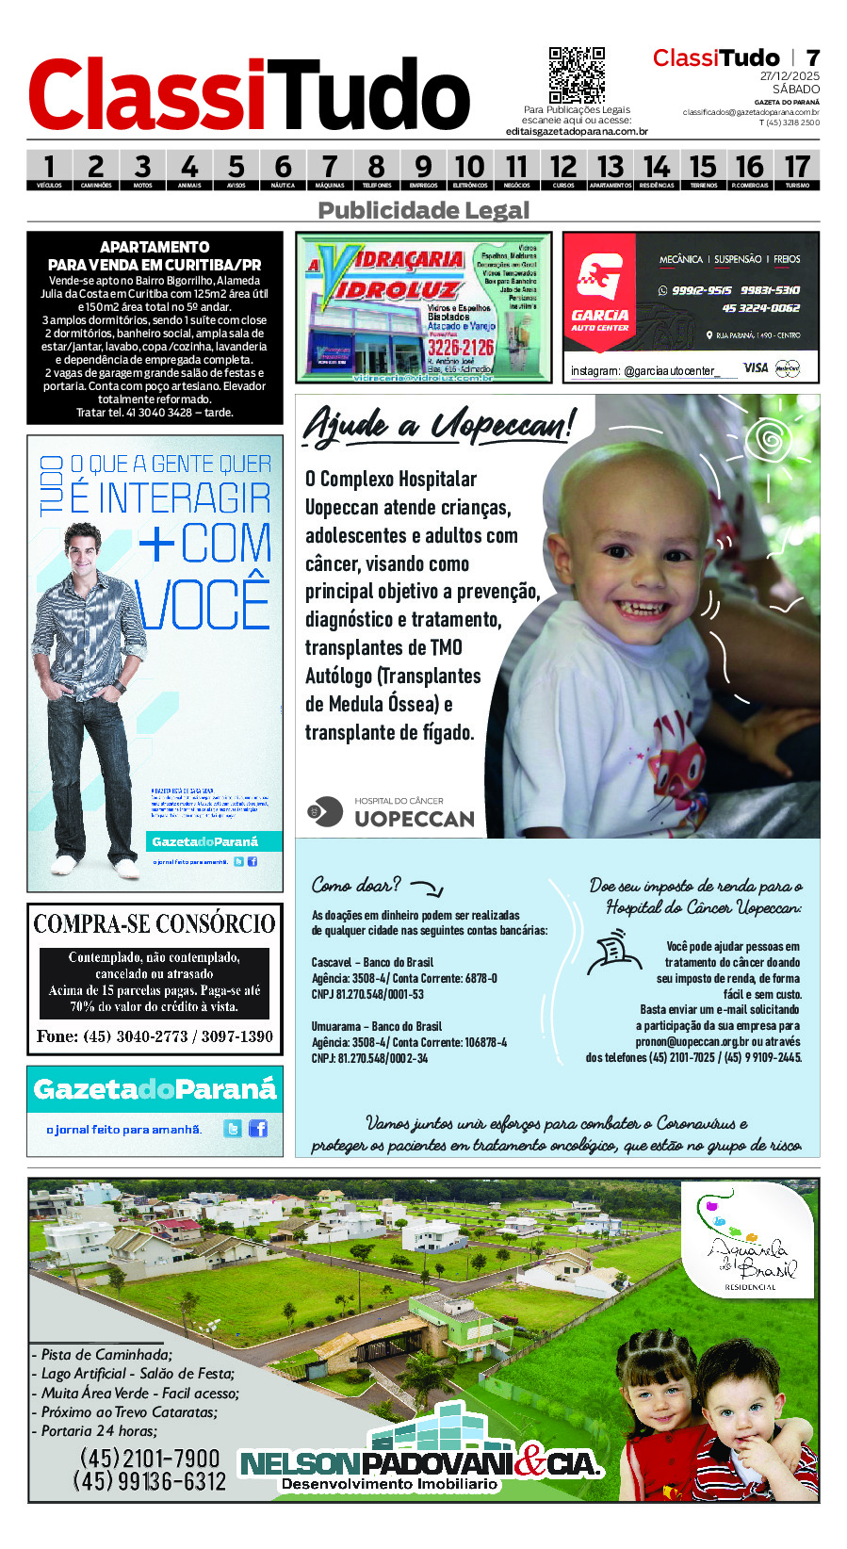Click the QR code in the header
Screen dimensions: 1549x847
click(x=576, y=74)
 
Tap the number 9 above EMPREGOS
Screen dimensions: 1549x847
click(x=423, y=167)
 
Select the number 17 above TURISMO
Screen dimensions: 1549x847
click(x=797, y=167)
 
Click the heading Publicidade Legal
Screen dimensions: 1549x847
click(x=423, y=210)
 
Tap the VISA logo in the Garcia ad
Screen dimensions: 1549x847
click(x=756, y=367)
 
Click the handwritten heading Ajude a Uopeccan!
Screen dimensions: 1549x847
click(x=437, y=425)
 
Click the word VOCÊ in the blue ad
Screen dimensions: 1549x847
click(x=204, y=605)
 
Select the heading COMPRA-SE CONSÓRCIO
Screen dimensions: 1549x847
click(x=155, y=923)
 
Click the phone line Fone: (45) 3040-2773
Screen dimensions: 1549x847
click(x=155, y=1036)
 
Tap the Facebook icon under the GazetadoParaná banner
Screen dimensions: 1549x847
click(x=257, y=1128)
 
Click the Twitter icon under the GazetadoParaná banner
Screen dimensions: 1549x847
click(x=233, y=1128)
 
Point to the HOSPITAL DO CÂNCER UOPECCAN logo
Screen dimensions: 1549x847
click(x=391, y=812)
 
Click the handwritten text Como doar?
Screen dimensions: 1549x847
click(x=356, y=885)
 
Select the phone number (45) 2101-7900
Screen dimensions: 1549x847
click(x=149, y=1459)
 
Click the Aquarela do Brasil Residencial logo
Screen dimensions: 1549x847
click(x=750, y=1244)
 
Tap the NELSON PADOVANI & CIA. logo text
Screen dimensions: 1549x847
click(x=420, y=1465)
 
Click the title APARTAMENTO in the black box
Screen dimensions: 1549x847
click(x=155, y=247)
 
